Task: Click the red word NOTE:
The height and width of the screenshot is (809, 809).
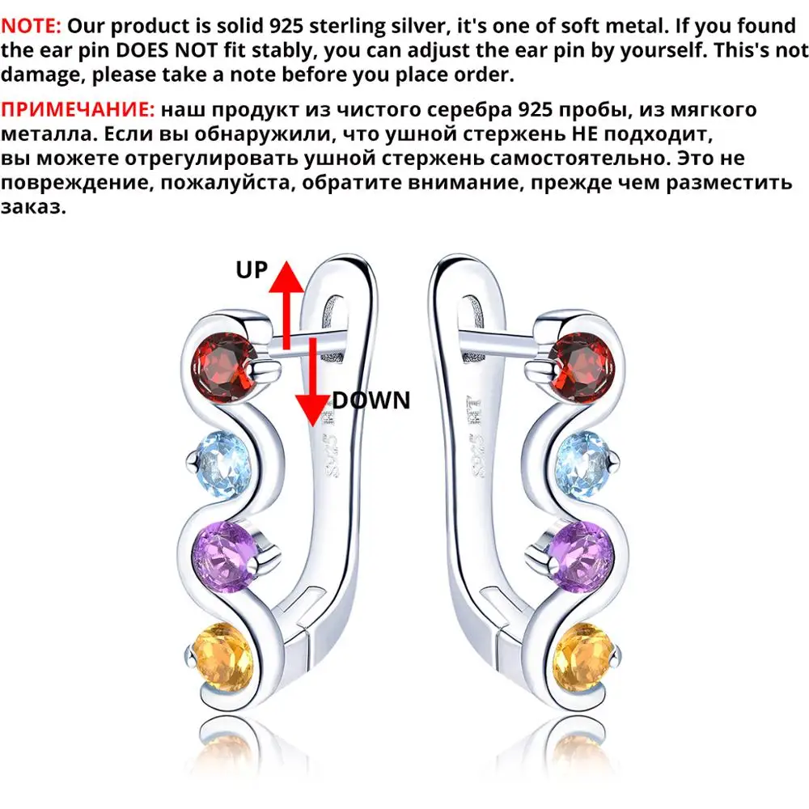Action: click(31, 26)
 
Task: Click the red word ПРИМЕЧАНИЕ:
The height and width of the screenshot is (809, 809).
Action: click(78, 109)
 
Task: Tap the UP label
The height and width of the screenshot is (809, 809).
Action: click(252, 270)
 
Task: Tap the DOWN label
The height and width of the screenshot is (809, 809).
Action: click(371, 400)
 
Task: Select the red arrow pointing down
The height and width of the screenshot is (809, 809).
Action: click(312, 382)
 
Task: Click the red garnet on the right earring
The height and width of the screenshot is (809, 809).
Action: click(582, 367)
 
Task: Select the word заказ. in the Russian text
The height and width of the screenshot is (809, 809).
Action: click(33, 207)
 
